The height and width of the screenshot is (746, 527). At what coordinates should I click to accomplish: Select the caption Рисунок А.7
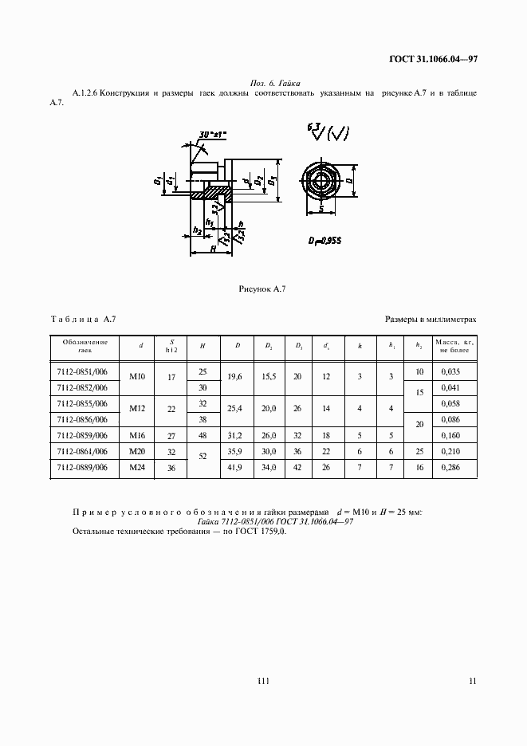262,289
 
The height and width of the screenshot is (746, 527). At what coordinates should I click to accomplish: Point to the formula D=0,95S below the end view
326,240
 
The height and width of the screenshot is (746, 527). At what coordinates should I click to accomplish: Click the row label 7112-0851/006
82,372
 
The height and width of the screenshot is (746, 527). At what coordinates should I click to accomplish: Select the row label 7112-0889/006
82,469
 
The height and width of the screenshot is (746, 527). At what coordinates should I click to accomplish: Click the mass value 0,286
454,469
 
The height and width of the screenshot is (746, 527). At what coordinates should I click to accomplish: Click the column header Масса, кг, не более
454,346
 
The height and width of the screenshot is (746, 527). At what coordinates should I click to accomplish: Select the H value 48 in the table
203,435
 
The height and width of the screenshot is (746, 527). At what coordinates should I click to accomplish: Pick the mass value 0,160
454,435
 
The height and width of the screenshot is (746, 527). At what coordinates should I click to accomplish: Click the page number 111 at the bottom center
263,680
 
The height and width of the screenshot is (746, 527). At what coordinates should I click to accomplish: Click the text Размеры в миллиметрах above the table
431,319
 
